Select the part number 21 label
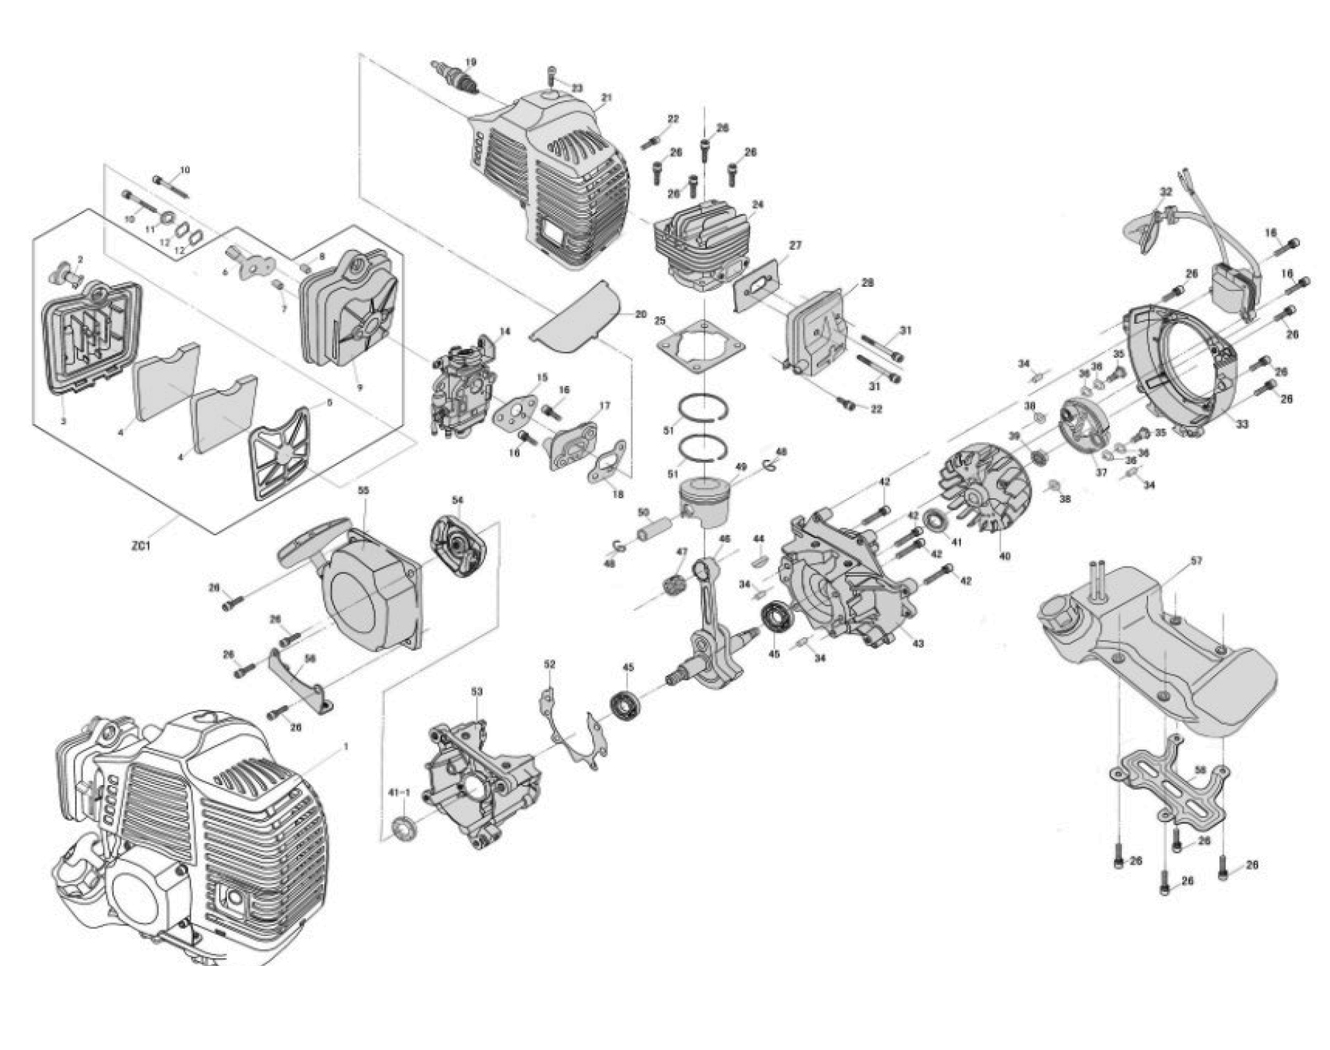(x=606, y=98)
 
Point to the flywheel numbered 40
(x=985, y=489)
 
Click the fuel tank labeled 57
(x=1160, y=640)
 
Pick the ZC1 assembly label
(x=139, y=547)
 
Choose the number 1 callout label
(x=346, y=746)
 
